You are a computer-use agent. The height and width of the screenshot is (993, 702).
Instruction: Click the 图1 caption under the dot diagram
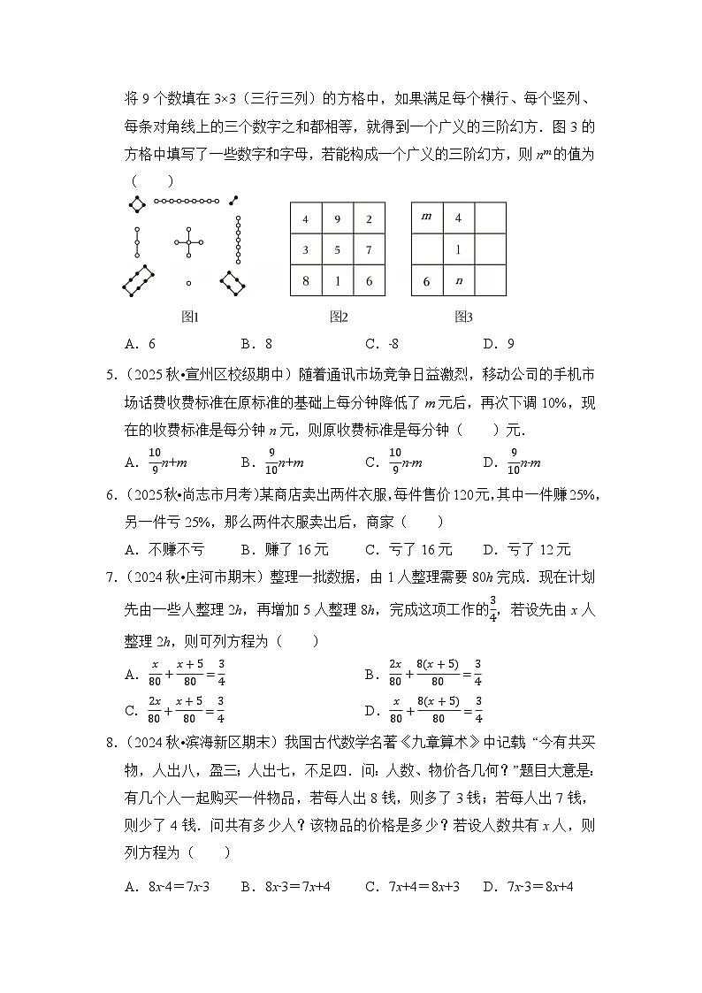coord(189,317)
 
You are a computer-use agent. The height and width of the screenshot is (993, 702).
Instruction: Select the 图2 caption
coord(338,317)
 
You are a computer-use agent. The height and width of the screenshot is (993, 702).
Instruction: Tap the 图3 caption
coord(463,317)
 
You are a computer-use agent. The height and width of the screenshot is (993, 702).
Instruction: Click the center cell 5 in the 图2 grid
coord(337,249)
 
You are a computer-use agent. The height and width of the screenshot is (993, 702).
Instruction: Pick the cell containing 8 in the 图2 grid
coord(305,281)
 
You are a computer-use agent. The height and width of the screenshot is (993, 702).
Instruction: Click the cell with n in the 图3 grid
coord(458,281)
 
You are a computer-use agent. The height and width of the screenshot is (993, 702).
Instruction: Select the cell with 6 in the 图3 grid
coord(426,281)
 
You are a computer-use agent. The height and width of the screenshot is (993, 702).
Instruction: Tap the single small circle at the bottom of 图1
coord(188,283)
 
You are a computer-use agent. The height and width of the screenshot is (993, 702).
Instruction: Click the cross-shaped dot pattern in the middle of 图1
coord(188,241)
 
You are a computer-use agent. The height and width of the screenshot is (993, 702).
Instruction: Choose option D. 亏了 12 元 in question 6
coord(527,549)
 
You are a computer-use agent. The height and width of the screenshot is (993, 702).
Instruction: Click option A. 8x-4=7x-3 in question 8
coord(173,885)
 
